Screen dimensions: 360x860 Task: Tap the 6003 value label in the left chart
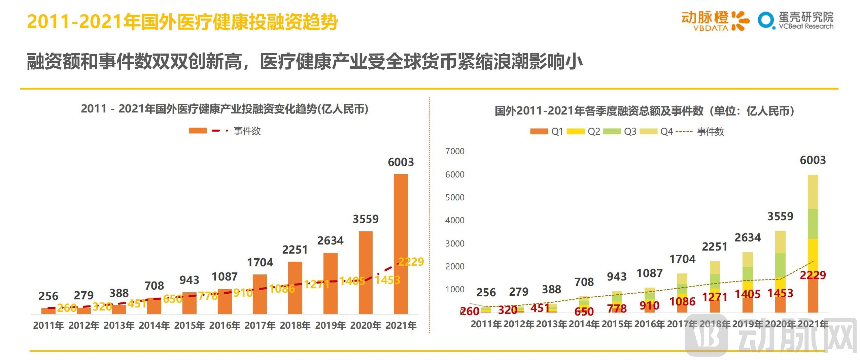pos(401,162)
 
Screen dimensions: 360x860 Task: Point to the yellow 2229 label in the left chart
pos(411,262)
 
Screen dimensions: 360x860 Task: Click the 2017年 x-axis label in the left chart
pos(260,325)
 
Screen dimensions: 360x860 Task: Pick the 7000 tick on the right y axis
pos(454,152)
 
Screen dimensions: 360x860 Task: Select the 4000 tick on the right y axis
pos(454,220)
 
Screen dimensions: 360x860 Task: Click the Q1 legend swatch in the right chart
pos(539,131)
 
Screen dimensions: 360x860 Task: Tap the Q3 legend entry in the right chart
pos(619,131)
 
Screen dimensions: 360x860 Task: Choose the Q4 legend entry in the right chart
pos(656,131)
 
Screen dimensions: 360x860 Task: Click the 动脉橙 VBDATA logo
pos(715,21)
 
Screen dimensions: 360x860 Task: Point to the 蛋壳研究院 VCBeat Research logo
pos(796,21)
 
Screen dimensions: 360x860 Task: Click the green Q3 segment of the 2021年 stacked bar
pos(813,224)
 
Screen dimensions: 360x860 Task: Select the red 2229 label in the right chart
pos(813,275)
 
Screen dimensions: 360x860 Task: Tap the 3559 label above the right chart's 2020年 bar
pos(780,216)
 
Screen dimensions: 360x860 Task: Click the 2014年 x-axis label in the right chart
pos(584,324)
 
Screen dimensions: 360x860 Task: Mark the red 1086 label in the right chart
pos(682,301)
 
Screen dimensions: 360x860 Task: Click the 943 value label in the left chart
pos(189,280)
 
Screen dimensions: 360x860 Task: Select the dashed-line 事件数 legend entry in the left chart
pos(236,131)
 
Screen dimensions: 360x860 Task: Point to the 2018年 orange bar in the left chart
pos(295,288)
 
